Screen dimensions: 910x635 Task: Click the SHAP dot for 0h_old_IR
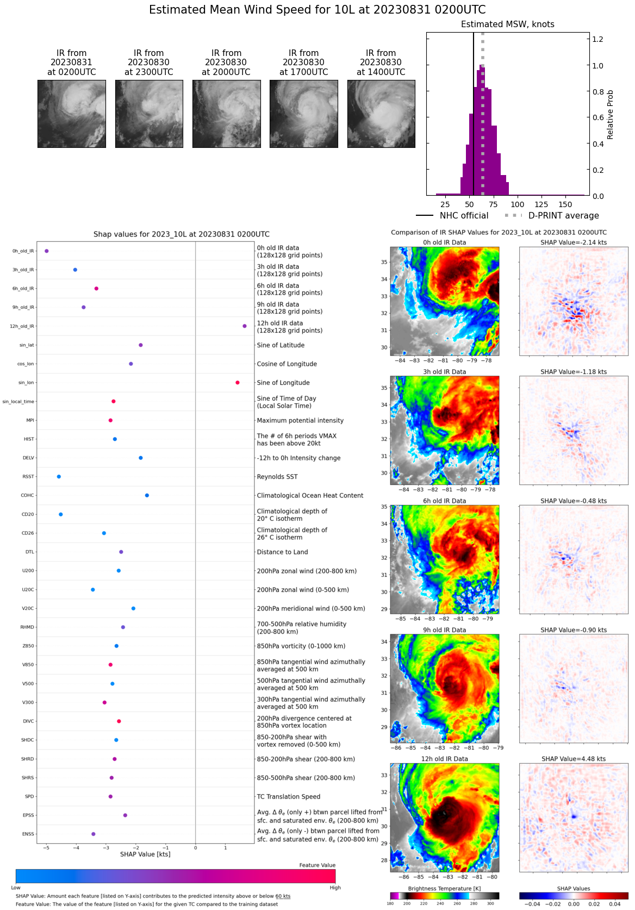(47, 251)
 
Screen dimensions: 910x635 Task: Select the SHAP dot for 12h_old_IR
(245, 326)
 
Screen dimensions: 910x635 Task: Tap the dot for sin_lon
(238, 383)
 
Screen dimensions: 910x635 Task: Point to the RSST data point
(59, 477)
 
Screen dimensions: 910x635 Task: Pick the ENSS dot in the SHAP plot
(94, 834)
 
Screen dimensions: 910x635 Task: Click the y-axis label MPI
(30, 420)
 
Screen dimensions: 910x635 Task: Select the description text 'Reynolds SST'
(277, 477)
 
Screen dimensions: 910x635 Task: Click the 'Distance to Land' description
(282, 552)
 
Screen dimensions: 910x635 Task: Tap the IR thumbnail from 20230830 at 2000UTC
(226, 114)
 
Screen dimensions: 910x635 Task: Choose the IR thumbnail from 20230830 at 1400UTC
(381, 114)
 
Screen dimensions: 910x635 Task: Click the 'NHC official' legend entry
(464, 216)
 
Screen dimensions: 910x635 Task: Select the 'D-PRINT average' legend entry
(563, 216)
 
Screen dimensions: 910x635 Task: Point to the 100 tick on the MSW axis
(518, 204)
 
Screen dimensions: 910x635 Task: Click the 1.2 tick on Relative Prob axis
(597, 39)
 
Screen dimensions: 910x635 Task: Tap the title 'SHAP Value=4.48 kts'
(574, 759)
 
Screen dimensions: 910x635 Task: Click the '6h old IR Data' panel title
(444, 501)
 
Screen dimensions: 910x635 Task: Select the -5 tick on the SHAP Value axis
(46, 847)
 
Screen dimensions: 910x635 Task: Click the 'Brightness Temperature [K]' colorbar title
(444, 889)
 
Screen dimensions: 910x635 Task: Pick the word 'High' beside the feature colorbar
(335, 888)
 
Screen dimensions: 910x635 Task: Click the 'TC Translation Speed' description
(289, 796)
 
